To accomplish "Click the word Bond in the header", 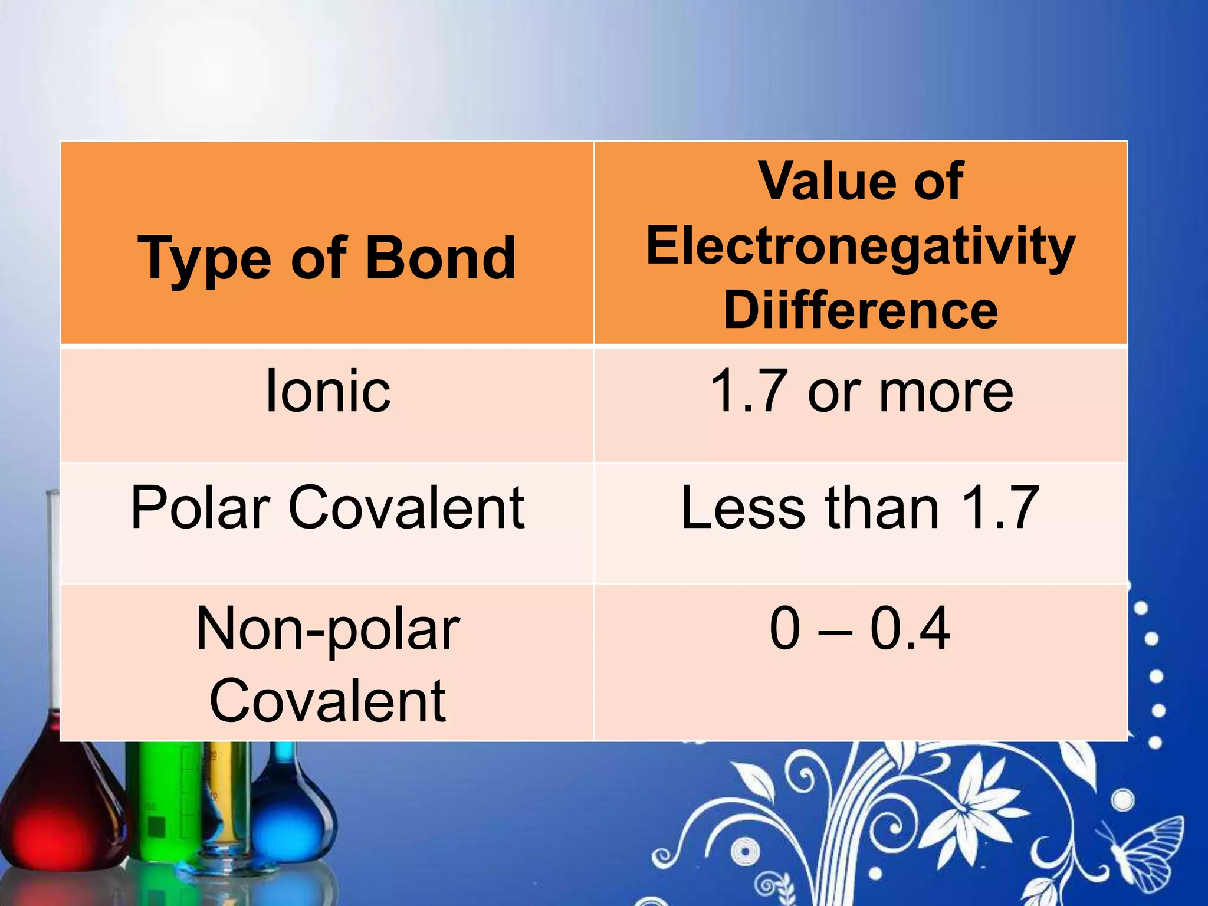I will pyautogui.click(x=441, y=258).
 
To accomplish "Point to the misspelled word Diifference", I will pyautogui.click(x=861, y=310).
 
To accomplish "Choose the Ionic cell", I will pyautogui.click(x=328, y=391).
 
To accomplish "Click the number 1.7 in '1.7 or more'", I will pyautogui.click(x=749, y=391).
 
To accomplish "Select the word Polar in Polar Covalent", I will pyautogui.click(x=200, y=508).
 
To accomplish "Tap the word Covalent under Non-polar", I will pyautogui.click(x=328, y=701).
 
